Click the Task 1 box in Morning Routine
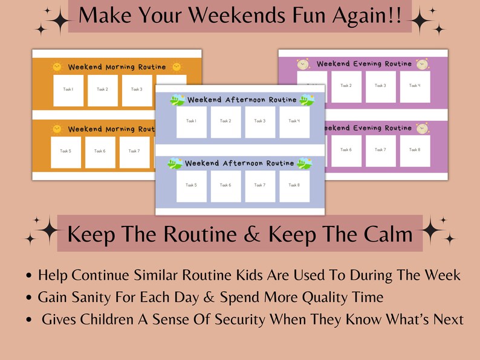point(68,90)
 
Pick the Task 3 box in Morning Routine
point(137,90)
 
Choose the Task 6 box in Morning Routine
point(100,152)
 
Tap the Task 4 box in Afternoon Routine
point(294,121)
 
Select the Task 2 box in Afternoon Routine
point(225,121)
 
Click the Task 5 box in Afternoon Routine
point(191,185)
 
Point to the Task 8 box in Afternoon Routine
point(294,185)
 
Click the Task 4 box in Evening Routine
point(415,86)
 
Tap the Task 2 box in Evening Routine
point(346,86)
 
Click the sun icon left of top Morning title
point(57,66)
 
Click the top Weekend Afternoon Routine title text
point(242,100)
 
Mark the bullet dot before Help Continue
point(30,277)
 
